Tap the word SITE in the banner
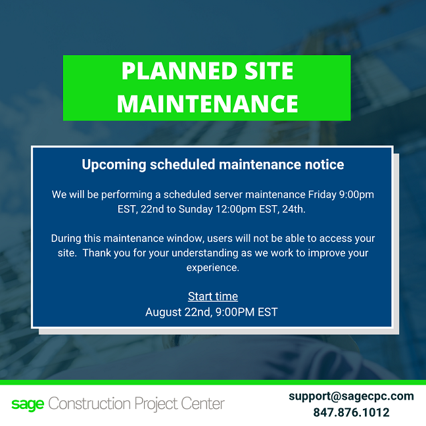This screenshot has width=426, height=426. (269, 71)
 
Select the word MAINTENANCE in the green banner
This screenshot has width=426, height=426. (208, 103)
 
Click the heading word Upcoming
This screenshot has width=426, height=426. (114, 165)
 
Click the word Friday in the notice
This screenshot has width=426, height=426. (322, 195)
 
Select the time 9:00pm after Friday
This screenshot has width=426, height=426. (356, 195)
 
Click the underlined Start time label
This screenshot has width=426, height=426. (213, 296)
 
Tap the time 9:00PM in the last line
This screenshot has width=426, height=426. (235, 312)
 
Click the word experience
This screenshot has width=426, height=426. (213, 268)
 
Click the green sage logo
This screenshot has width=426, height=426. (28, 404)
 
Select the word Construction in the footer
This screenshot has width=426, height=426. (89, 404)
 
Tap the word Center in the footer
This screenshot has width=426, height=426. (202, 404)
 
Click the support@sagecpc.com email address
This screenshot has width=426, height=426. (351, 396)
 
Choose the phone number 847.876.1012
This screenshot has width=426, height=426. (351, 412)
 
